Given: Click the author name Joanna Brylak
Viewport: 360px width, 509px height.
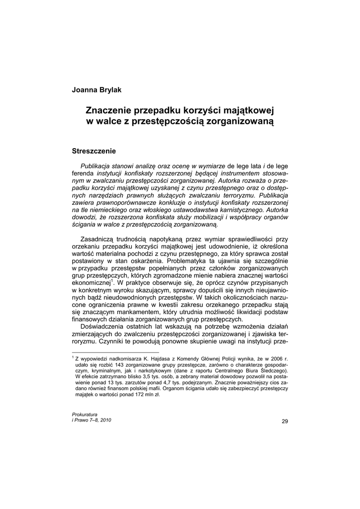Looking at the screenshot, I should pos(96,89).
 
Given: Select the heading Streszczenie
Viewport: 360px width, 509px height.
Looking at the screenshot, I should pos(94,150).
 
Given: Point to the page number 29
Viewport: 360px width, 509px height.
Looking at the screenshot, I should pos(284,422).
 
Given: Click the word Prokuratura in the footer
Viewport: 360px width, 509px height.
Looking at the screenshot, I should pos(85,414).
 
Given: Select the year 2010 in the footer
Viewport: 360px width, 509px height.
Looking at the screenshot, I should pos(104,420).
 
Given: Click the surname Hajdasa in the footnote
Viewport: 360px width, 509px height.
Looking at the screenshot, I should pos(158,358).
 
